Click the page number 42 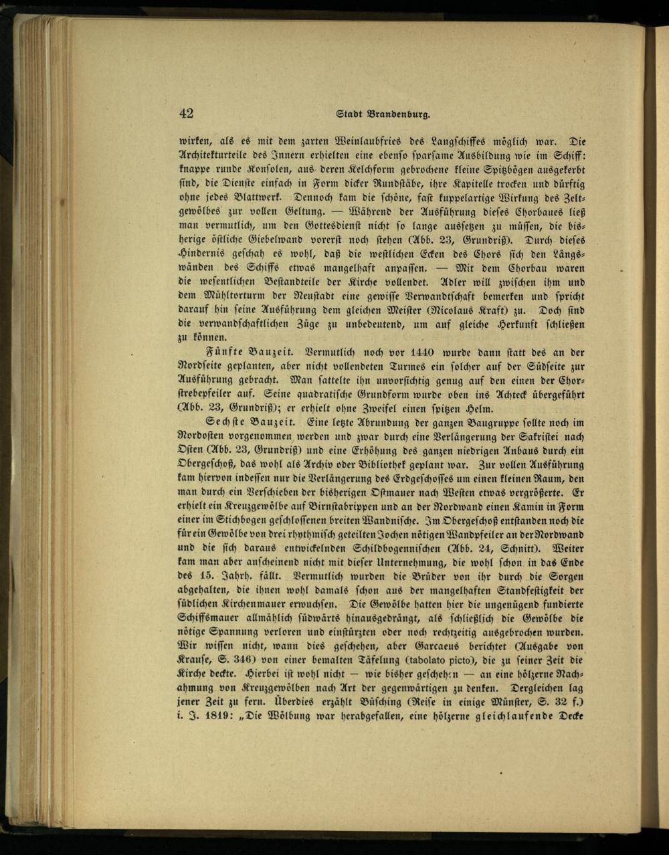tap(186, 114)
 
